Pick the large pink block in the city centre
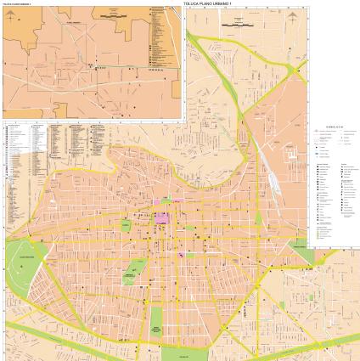[x=161, y=217]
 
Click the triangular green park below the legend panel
[x=299, y=248]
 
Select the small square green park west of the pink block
[x=126, y=225]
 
